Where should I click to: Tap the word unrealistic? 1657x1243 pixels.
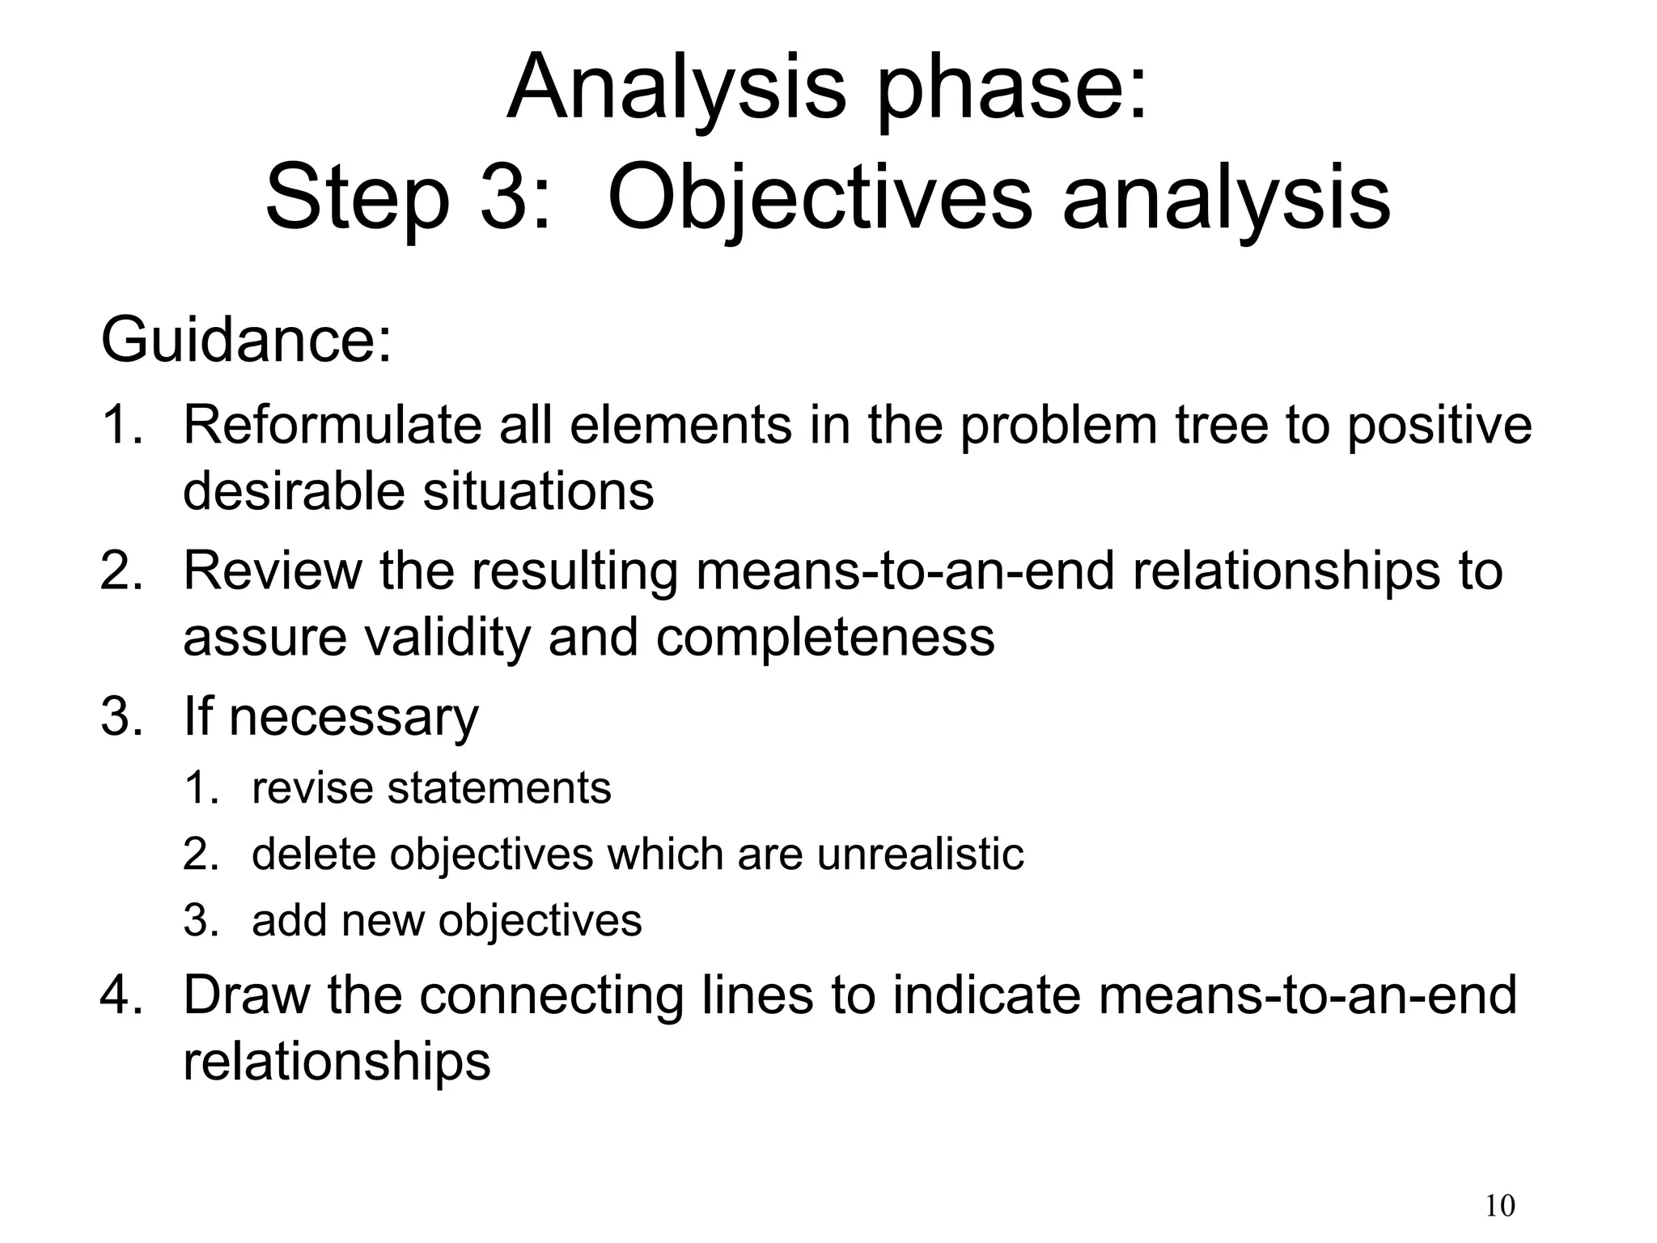[920, 855]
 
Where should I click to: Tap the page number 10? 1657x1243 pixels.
[1500, 1206]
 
